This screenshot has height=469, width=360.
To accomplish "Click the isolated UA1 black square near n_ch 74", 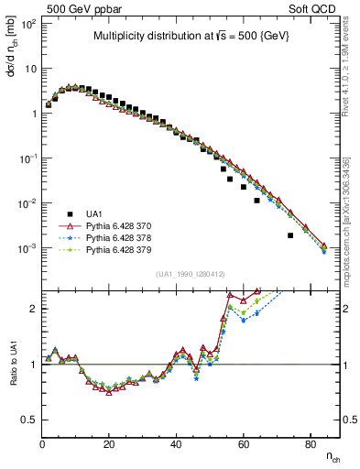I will click(x=290, y=235).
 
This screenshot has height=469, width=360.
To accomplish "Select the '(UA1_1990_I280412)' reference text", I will click(x=190, y=274).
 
